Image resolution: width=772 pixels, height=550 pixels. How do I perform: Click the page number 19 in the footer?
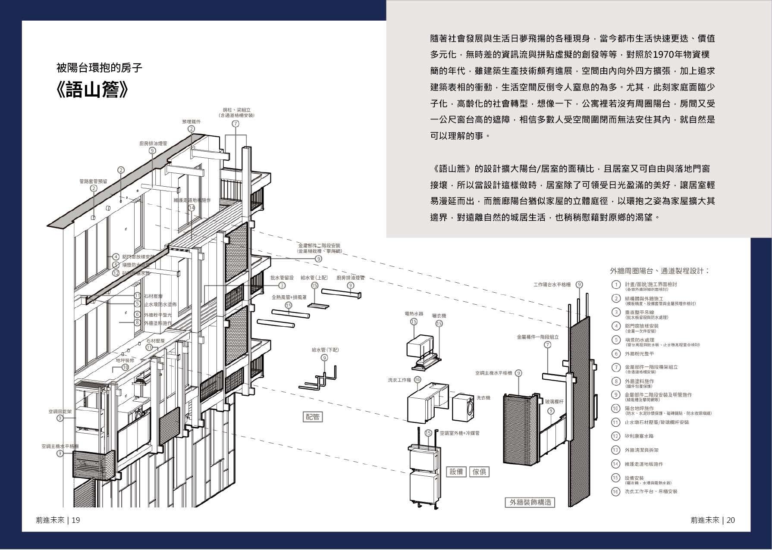(x=75, y=520)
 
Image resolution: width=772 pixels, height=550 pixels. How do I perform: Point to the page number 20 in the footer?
(x=731, y=520)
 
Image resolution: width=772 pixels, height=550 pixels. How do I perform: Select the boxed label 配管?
(x=313, y=417)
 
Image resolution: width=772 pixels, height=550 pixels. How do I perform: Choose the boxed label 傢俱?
(x=479, y=471)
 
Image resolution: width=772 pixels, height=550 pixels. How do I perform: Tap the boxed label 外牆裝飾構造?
(x=530, y=502)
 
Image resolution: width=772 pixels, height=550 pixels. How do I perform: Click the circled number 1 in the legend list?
(x=616, y=285)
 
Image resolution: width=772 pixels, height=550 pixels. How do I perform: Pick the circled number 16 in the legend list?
(x=616, y=491)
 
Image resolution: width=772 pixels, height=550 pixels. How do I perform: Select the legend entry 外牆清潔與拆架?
(x=642, y=450)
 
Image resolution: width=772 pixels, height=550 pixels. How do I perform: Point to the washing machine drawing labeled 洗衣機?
(x=464, y=407)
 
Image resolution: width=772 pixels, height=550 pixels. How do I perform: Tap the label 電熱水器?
(x=414, y=313)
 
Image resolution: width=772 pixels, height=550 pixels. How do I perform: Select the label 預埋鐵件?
(x=191, y=122)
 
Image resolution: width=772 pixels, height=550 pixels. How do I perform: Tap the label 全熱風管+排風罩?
(x=289, y=297)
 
